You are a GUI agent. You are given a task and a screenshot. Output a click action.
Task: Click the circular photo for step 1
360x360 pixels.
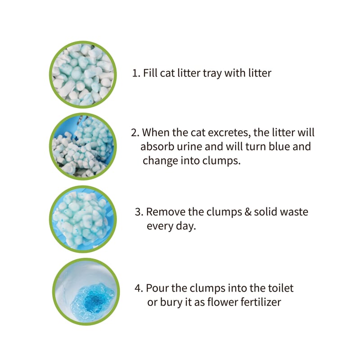coord(83,75)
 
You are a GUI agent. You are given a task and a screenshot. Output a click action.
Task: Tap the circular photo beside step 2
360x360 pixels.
coord(83,147)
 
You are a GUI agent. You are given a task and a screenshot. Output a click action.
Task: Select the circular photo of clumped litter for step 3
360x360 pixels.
coord(83,219)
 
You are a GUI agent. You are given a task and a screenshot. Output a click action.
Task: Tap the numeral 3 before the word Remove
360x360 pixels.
coord(139,211)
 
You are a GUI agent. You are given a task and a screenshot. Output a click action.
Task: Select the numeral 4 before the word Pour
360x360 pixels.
coord(139,288)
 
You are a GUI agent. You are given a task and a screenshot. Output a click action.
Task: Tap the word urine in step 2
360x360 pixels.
coord(189,147)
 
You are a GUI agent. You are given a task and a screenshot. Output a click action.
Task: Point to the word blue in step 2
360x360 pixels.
coord(279,147)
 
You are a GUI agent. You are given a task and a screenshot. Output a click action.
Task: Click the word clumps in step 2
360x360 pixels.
coord(221,161)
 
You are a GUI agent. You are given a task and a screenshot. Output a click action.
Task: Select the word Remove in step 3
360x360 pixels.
coord(166,211)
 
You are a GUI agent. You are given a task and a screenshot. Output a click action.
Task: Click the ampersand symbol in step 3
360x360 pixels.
coord(248,211)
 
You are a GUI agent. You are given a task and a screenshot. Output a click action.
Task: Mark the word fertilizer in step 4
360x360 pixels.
coord(261,302)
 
